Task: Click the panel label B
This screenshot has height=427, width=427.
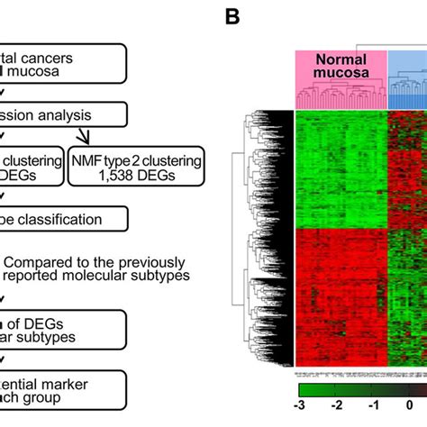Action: tap(232, 16)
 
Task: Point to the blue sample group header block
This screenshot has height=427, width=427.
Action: tap(407, 68)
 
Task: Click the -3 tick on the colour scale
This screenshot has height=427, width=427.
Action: tap(303, 405)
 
